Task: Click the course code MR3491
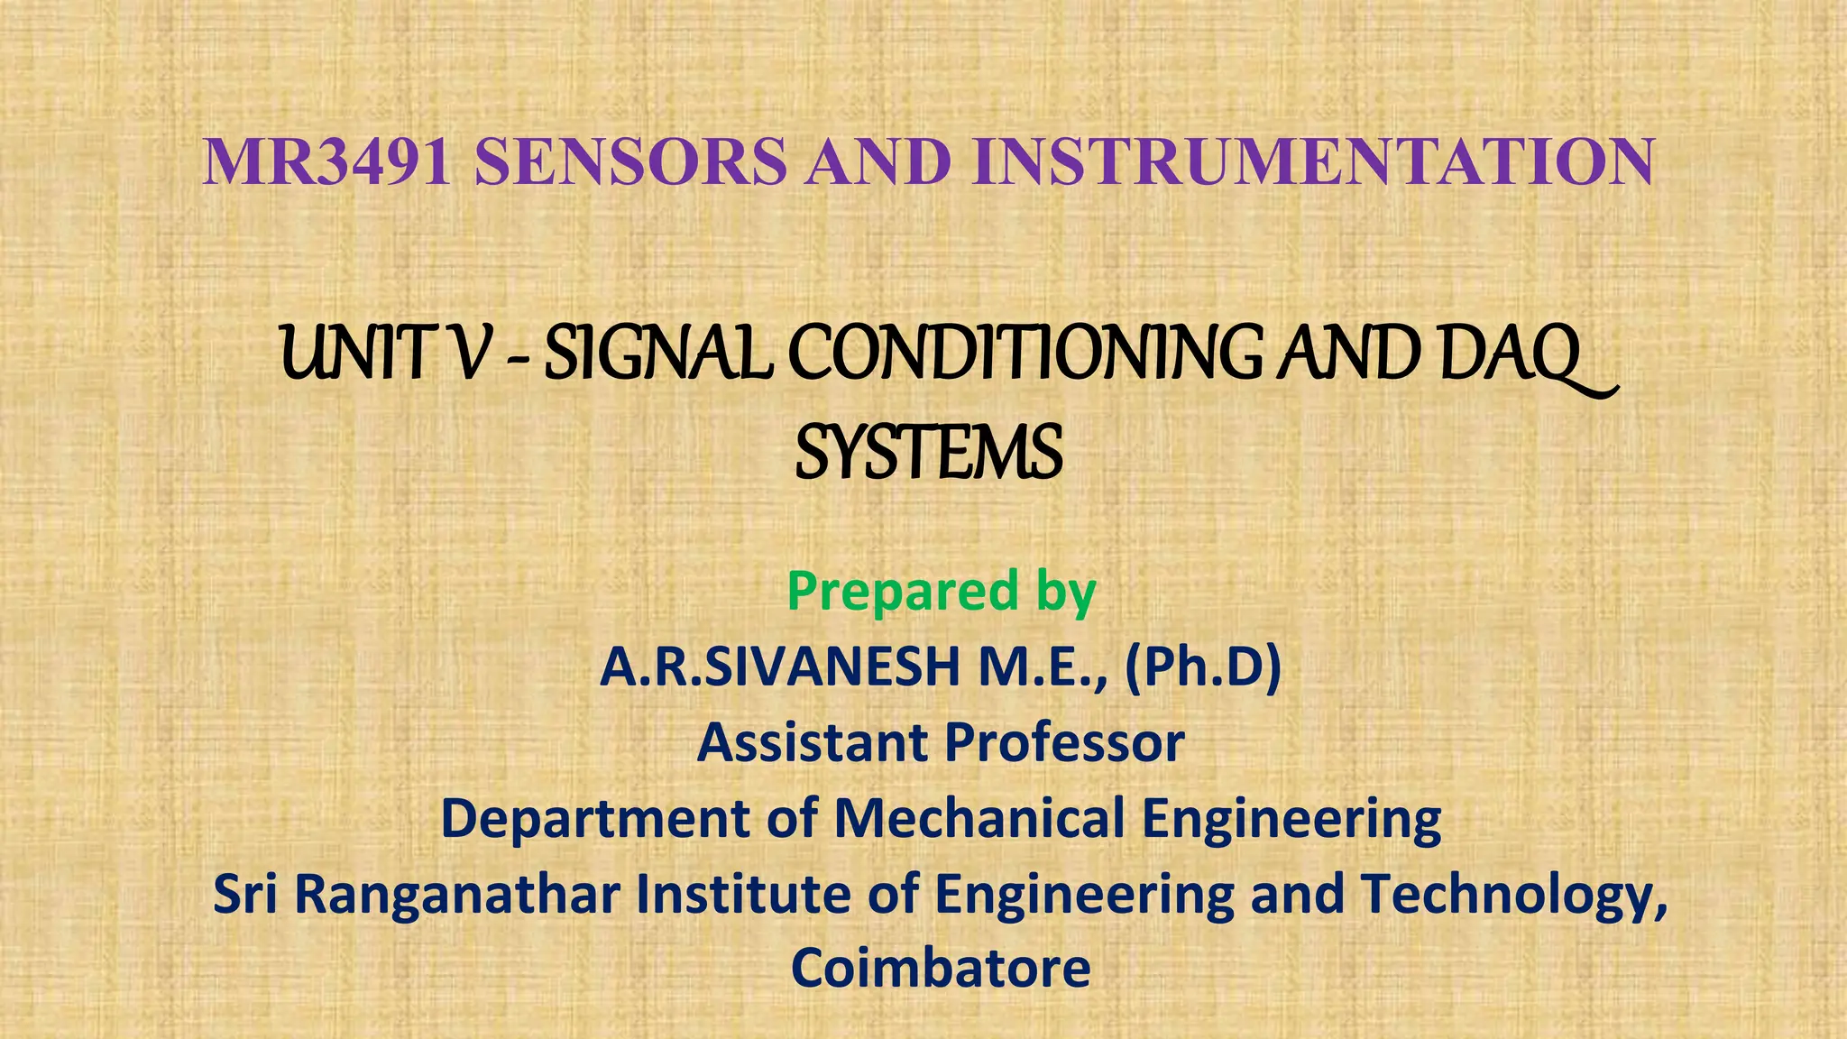(x=327, y=162)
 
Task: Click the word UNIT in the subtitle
(x=359, y=354)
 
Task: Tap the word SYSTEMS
(x=929, y=454)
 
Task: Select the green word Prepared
(x=903, y=592)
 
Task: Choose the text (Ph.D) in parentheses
(x=1203, y=667)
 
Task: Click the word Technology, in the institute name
(x=1514, y=895)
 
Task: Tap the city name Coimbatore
(x=941, y=969)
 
